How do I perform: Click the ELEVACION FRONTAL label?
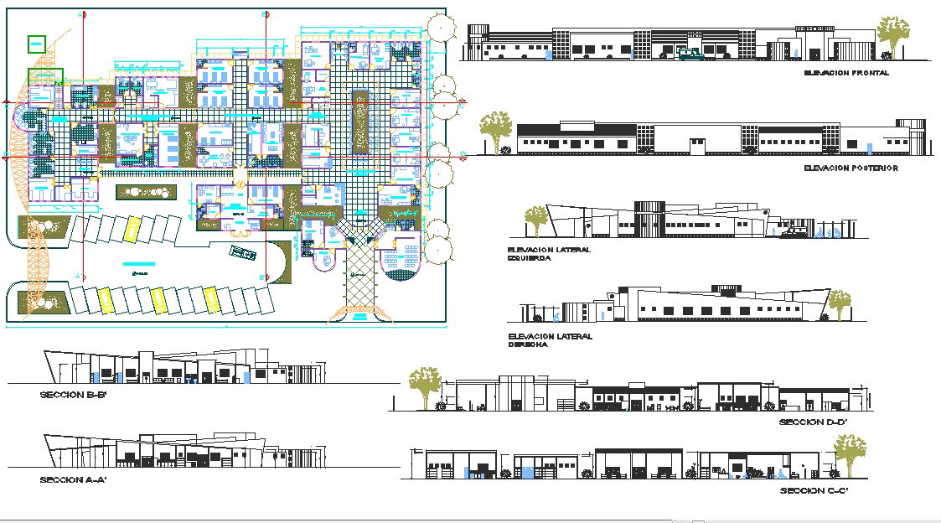[x=845, y=73]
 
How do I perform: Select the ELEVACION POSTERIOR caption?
[x=850, y=168]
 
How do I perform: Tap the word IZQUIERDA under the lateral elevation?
[x=529, y=259]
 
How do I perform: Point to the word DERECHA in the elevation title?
[x=527, y=344]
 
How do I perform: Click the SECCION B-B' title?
[x=74, y=394]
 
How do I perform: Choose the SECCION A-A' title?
[x=73, y=480]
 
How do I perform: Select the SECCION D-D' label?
[x=813, y=422]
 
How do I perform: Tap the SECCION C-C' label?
[x=813, y=489]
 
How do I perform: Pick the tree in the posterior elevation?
[x=496, y=130]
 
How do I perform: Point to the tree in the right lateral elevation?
[x=838, y=302]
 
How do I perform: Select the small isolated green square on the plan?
[x=37, y=44]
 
